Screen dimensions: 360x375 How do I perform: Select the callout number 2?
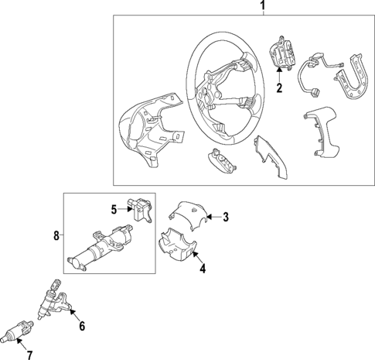[280, 87]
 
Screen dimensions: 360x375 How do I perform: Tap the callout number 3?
[226, 218]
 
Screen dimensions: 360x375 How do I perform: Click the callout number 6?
[82, 326]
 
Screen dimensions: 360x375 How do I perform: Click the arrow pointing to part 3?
[213, 218]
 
